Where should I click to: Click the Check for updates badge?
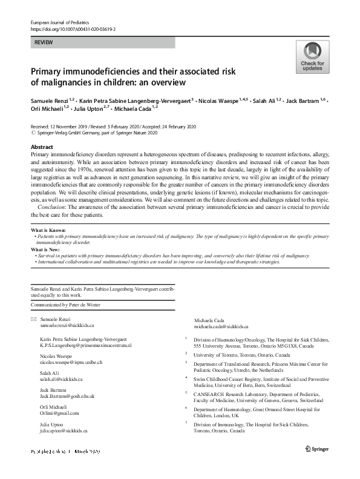pos(313,58)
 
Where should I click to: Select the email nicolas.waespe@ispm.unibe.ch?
pos(71,362)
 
